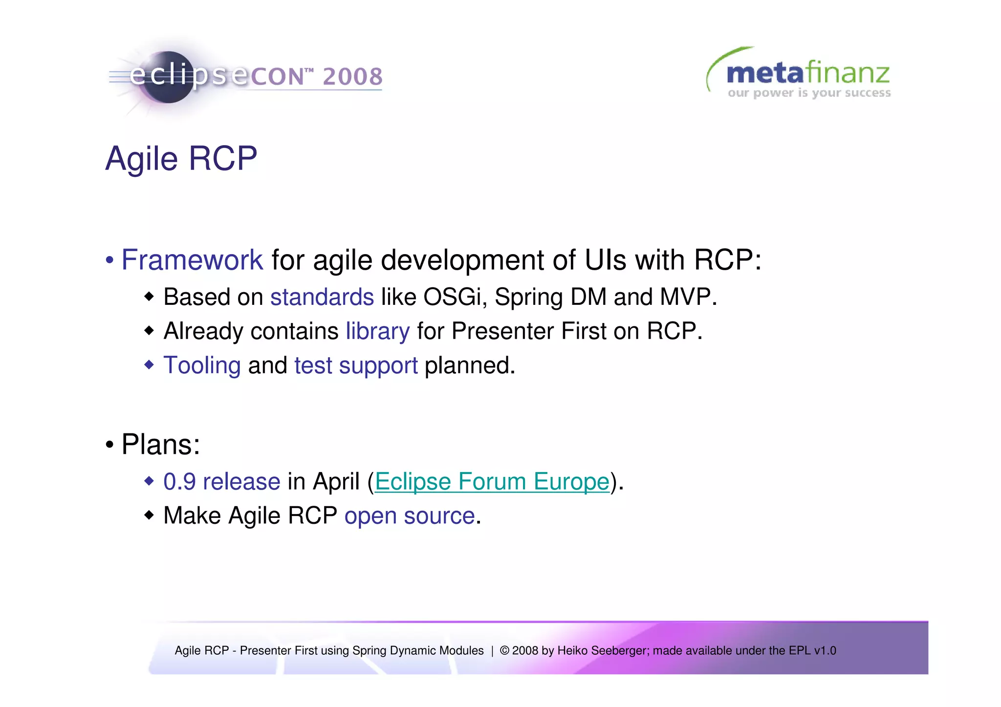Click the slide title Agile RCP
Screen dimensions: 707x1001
[181, 159]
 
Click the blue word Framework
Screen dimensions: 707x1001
[192, 259]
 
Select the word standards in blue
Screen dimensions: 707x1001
[322, 297]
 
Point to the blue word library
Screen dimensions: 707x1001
[377, 331]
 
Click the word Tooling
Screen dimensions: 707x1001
[202, 365]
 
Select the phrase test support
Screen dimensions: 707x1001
[356, 365]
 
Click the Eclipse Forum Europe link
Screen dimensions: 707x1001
[492, 482]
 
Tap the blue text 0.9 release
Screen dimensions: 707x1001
[221, 482]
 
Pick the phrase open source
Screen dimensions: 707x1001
[410, 516]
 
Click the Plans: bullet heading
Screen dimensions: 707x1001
[160, 445]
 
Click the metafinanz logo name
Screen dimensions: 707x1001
[807, 73]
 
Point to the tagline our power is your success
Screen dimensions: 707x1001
[809, 93]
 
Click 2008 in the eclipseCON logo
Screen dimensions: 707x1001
[352, 77]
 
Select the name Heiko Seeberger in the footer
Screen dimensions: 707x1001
[602, 651]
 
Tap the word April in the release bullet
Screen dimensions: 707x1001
[336, 482]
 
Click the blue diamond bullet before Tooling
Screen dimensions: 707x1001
[149, 364]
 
